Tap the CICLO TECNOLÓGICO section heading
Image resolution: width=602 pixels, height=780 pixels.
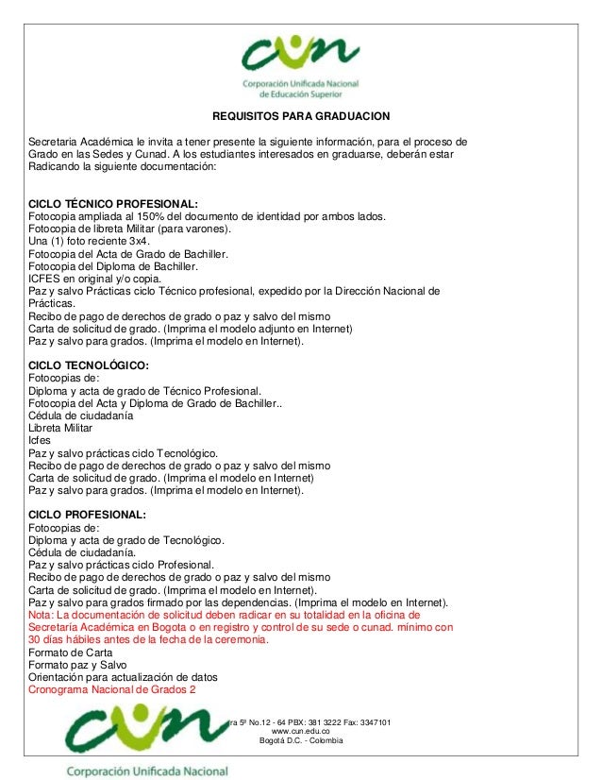point(90,365)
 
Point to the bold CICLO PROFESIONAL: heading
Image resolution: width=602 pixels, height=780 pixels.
point(88,515)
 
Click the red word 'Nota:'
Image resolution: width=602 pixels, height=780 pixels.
point(43,614)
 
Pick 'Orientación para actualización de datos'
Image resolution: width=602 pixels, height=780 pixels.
point(124,677)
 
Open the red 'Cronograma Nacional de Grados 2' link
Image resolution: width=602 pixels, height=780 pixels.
point(112,689)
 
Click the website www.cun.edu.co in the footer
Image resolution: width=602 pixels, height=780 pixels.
point(300,731)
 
